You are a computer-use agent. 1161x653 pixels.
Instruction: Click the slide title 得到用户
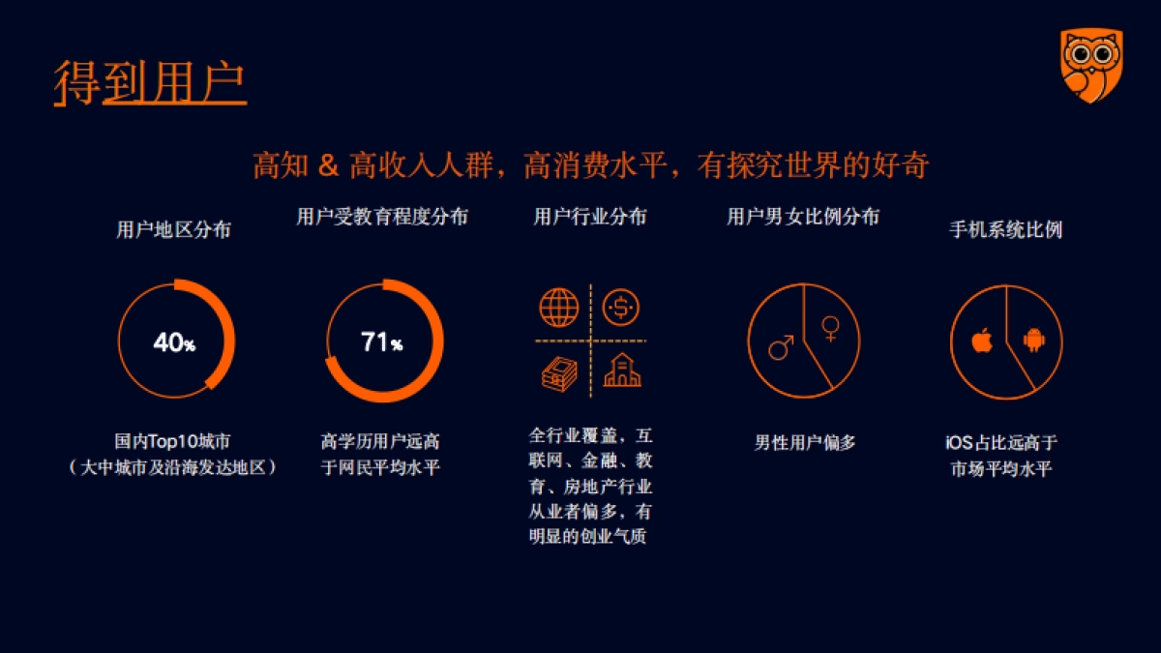pos(150,83)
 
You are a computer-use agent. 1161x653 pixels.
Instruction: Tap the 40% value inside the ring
pos(174,342)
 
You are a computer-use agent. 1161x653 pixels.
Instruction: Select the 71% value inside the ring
pos(381,342)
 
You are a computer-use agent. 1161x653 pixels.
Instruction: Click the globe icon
pos(559,309)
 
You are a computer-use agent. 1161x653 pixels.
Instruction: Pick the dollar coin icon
pos(620,309)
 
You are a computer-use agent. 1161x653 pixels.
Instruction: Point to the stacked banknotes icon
pos(559,371)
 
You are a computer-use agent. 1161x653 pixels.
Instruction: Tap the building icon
pos(621,371)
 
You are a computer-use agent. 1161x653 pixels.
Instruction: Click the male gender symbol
pos(781,346)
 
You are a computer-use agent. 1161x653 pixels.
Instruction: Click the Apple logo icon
pos(982,341)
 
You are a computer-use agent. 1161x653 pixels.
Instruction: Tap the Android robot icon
pos(1034,340)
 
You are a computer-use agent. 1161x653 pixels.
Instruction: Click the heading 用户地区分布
pos(173,230)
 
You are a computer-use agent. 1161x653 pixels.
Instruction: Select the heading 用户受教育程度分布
pos(381,217)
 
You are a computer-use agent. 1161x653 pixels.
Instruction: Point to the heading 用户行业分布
pos(590,217)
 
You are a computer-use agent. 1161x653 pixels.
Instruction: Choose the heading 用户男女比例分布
pos(803,217)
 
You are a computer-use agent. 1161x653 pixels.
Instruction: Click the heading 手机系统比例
pos(1006,230)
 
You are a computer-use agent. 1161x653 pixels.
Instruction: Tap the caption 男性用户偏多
pos(805,443)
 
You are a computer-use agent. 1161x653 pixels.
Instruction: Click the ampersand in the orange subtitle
pos(328,165)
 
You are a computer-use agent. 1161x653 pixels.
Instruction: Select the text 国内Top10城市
pos(173,442)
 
